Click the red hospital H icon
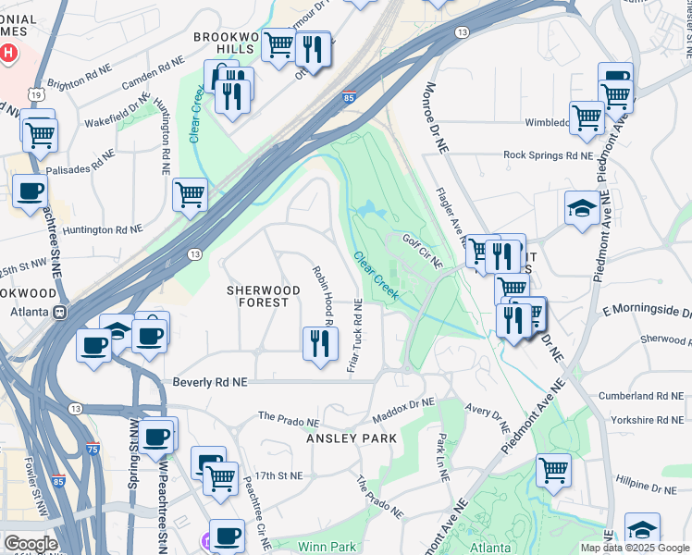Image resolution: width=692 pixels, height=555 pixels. tap(9, 52)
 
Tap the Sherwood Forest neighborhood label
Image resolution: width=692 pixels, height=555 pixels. tap(265, 297)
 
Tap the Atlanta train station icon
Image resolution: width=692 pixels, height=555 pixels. tap(61, 312)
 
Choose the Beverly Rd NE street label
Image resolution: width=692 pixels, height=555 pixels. tap(211, 381)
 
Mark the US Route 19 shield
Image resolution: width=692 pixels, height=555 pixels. tap(33, 94)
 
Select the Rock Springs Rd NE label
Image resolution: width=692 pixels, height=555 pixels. tap(547, 155)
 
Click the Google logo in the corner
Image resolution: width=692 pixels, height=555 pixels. tap(31, 544)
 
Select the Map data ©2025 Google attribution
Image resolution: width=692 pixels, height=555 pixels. tap(635, 548)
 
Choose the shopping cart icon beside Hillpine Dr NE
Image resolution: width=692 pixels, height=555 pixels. tap(553, 470)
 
